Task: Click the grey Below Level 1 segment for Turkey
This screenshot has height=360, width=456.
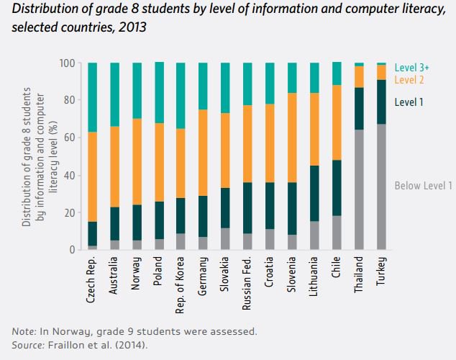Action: [381, 187]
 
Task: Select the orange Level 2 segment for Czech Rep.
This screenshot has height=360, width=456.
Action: [92, 176]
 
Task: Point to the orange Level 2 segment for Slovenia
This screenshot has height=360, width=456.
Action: [292, 138]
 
